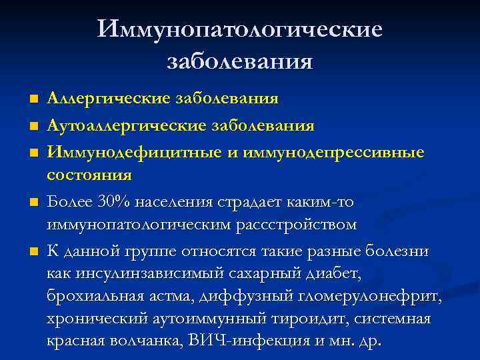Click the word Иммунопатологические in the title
[240, 29]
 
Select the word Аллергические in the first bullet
[109, 99]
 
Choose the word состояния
[89, 175]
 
